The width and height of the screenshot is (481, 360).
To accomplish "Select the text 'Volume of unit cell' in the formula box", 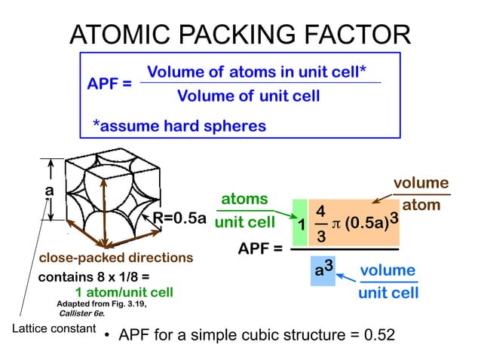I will pyautogui.click(x=248, y=96).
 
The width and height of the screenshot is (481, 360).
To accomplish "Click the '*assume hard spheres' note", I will pyautogui.click(x=179, y=126).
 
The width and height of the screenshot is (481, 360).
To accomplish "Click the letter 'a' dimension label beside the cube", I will pyautogui.click(x=50, y=191).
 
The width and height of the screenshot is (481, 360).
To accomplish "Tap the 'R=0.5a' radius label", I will pyautogui.click(x=179, y=218).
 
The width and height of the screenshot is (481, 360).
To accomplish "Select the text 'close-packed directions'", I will pyautogui.click(x=116, y=258).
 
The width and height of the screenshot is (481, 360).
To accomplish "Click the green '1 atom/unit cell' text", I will pyautogui.click(x=124, y=292).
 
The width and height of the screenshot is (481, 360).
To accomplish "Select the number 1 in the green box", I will pyautogui.click(x=300, y=226).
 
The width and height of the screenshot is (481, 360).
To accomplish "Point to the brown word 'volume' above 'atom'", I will pyautogui.click(x=421, y=183).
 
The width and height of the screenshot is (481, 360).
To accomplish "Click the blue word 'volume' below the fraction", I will pyautogui.click(x=388, y=270).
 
